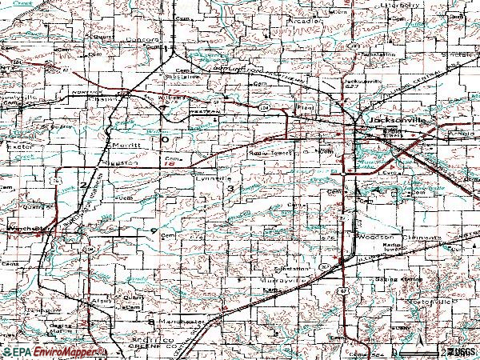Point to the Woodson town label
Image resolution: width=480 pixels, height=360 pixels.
(371, 236)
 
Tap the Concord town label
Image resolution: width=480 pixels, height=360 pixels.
(146, 38)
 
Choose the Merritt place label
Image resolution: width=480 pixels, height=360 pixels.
(124, 145)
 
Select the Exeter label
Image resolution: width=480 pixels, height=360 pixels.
(15, 148)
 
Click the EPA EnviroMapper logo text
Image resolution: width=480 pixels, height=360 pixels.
(52, 351)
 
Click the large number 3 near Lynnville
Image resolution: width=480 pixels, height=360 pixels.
(231, 189)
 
